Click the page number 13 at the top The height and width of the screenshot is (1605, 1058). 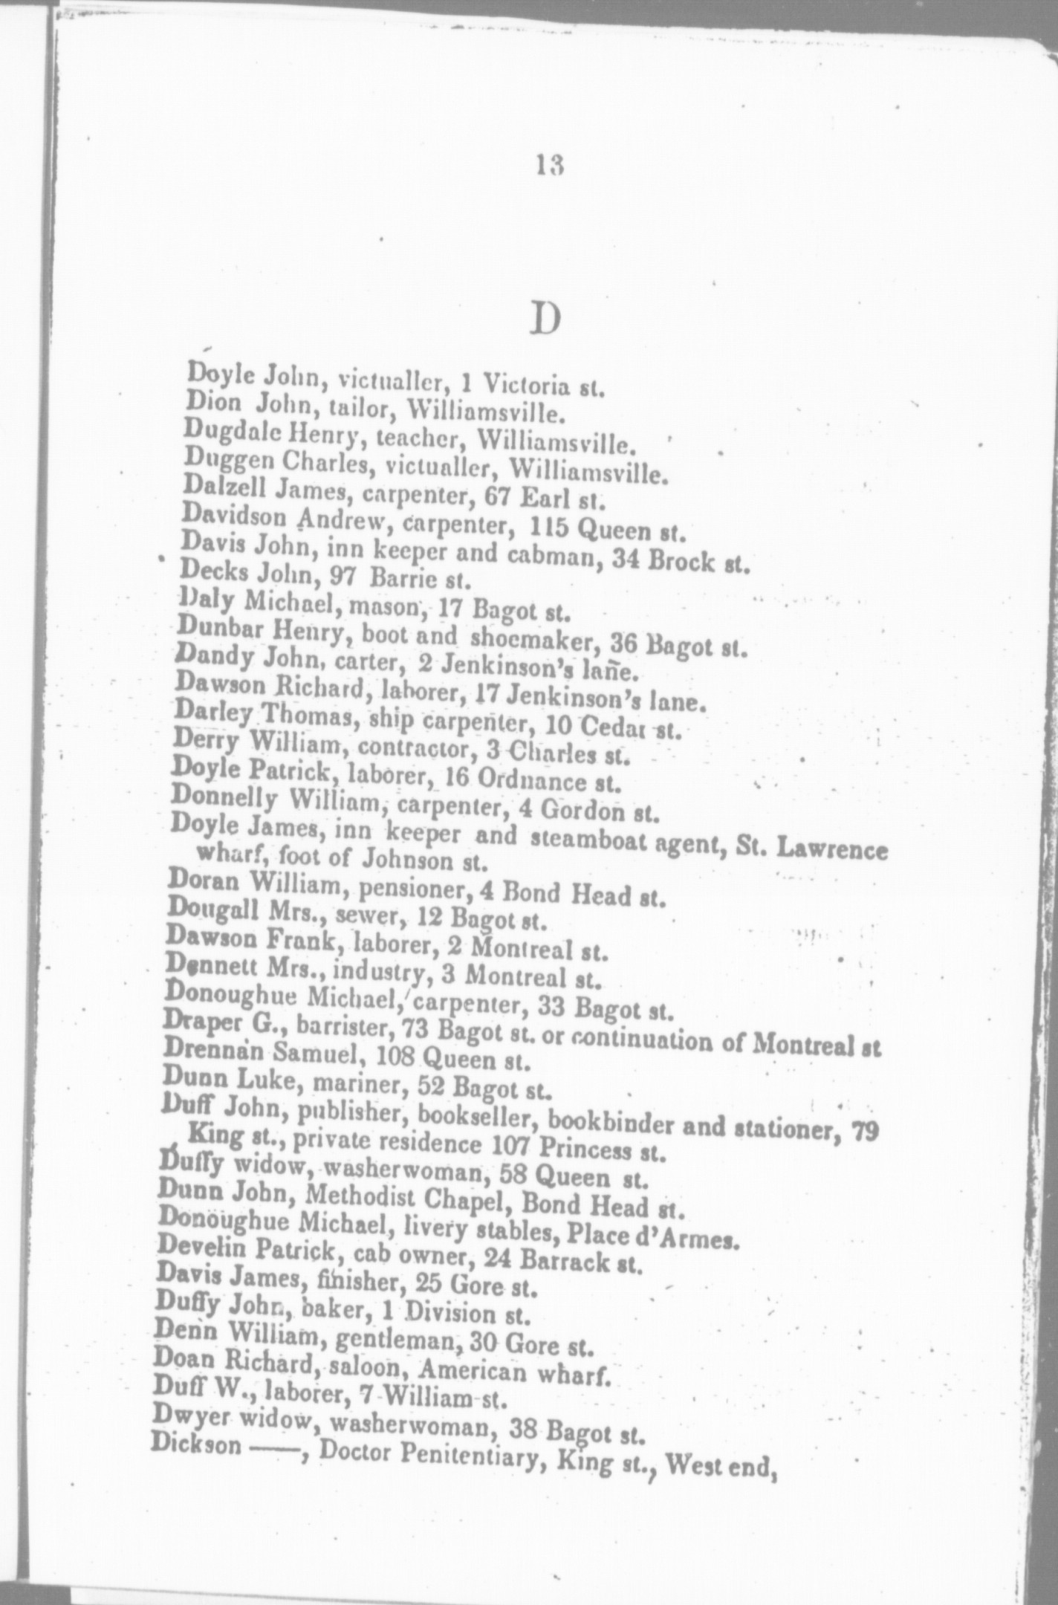pyautogui.click(x=551, y=164)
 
